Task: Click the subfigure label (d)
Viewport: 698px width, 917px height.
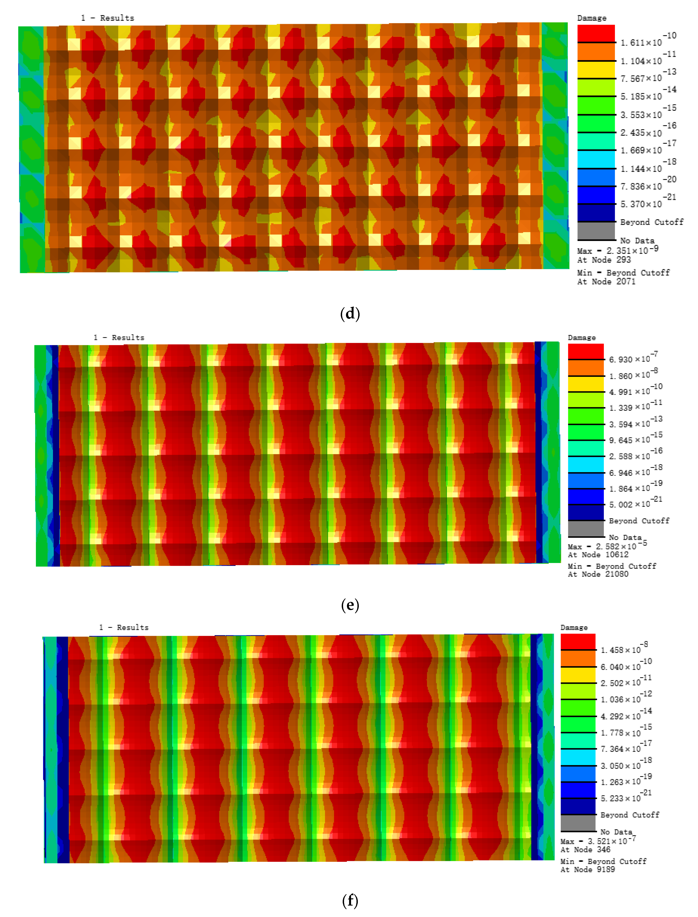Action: tap(350, 313)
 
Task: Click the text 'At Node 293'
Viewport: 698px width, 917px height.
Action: tap(604, 260)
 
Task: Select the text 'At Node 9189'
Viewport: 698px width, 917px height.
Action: tap(587, 869)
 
